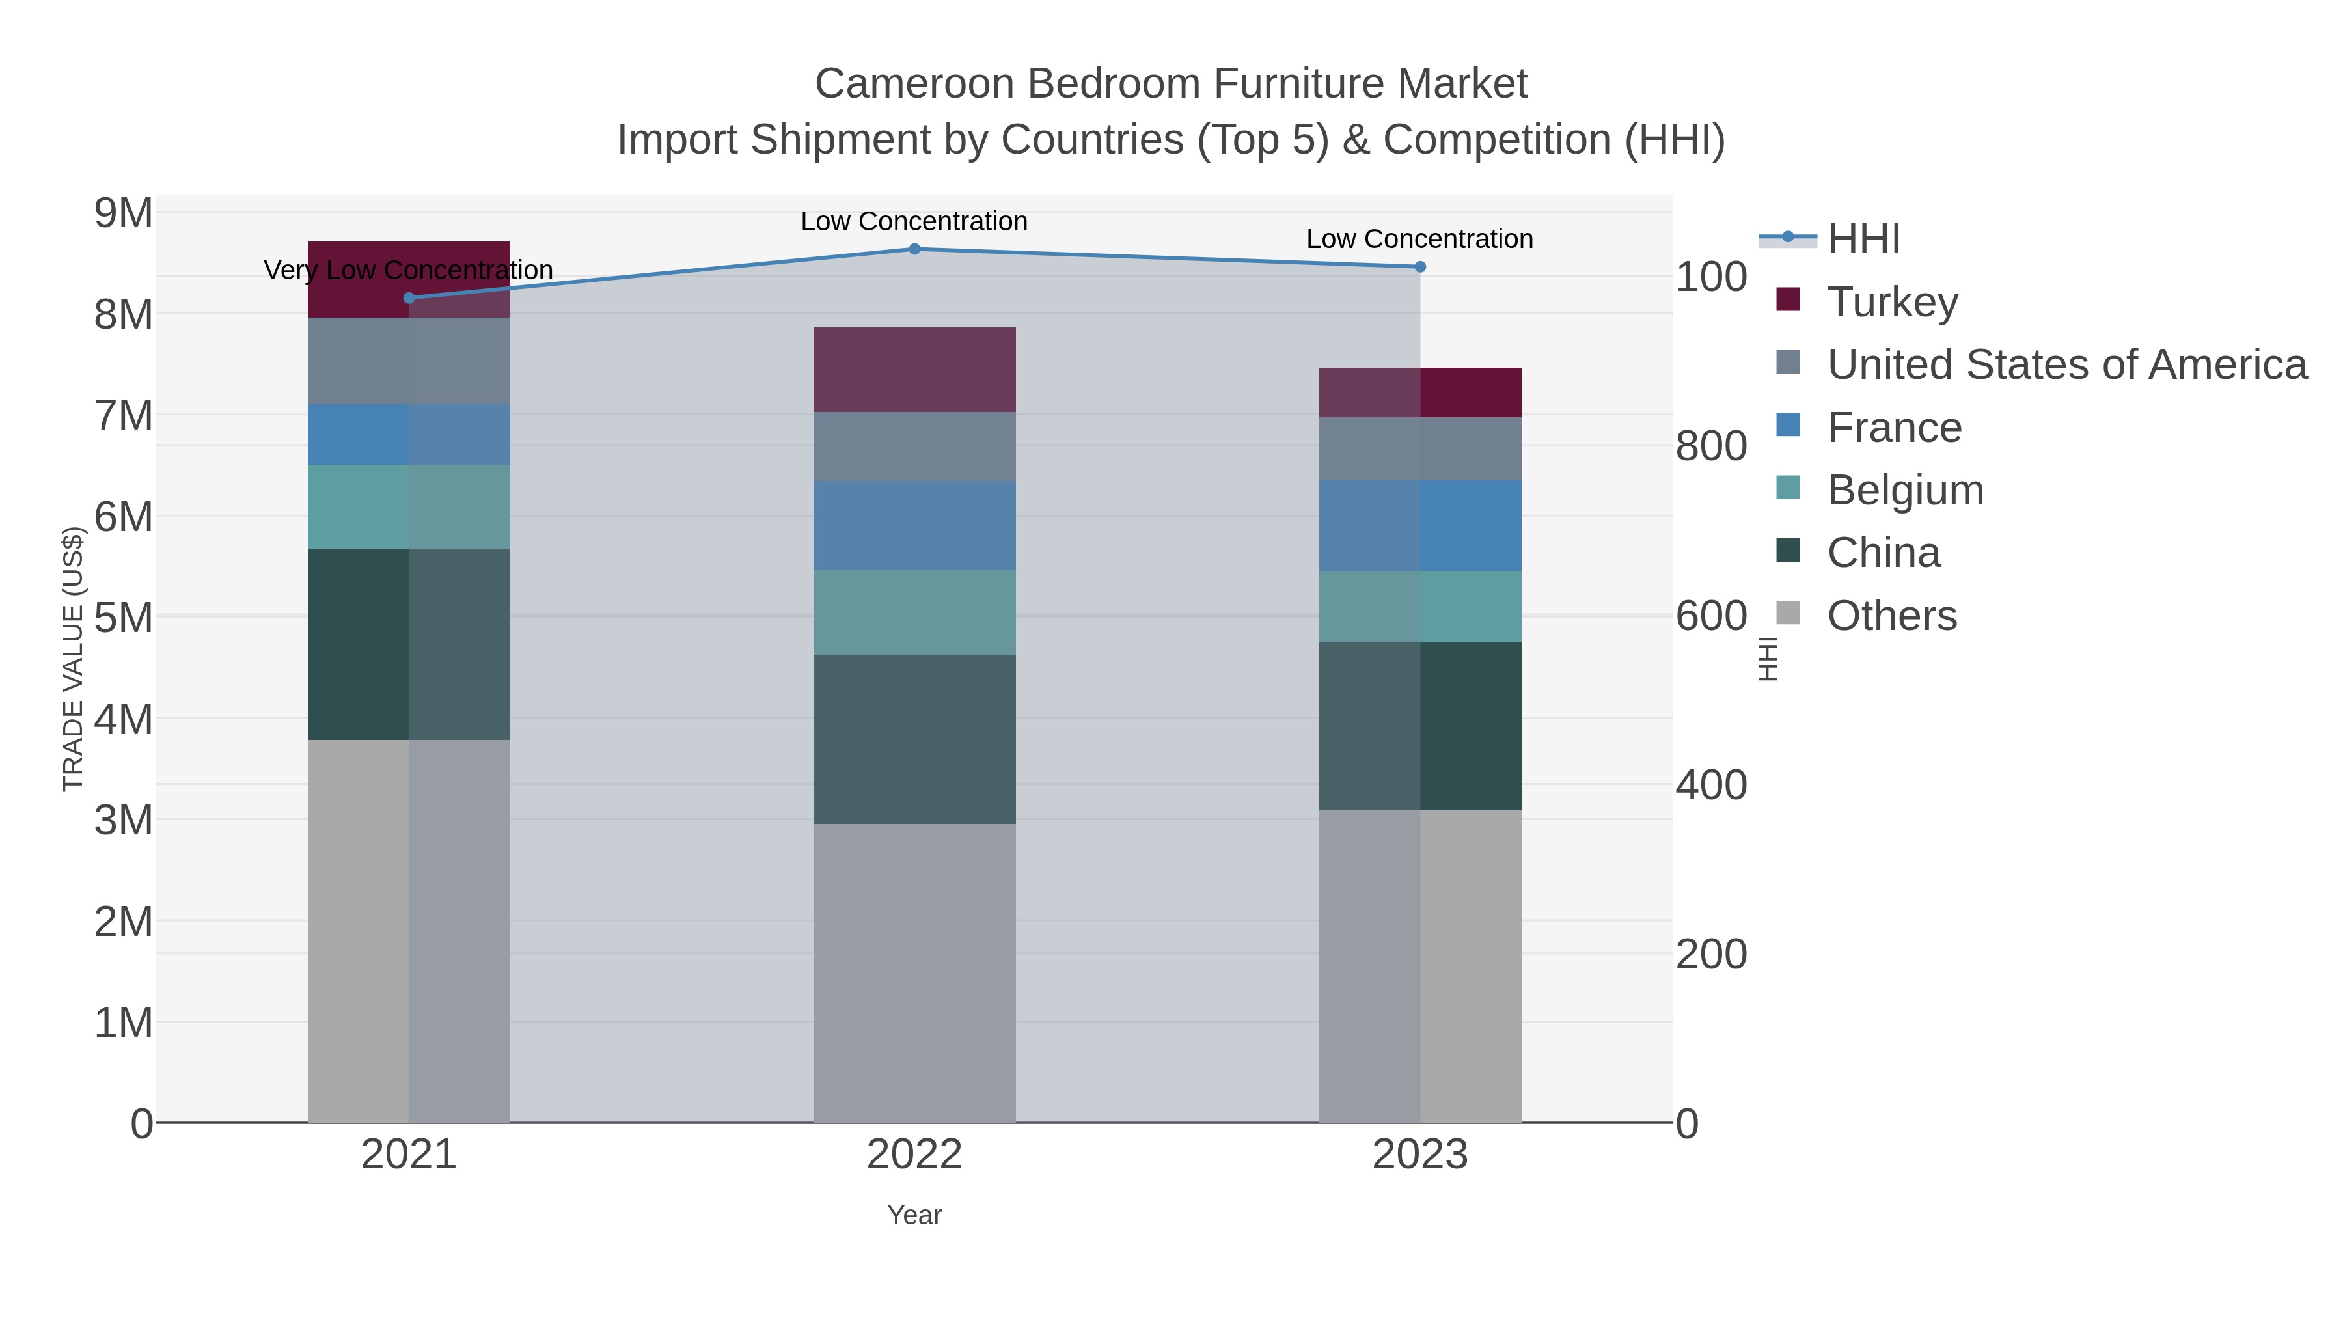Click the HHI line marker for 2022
[914, 249]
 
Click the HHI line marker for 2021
[408, 298]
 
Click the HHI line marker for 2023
[1420, 266]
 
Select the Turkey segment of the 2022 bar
[914, 369]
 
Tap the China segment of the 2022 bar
[914, 739]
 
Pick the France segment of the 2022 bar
[914, 526]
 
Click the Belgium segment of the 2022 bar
[914, 612]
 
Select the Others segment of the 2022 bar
[914, 973]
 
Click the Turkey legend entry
[1892, 302]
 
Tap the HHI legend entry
[1863, 240]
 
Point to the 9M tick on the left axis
[124, 213]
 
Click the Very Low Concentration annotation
[408, 270]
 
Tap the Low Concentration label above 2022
[914, 221]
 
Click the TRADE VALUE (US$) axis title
[73, 659]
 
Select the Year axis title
[914, 1215]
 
